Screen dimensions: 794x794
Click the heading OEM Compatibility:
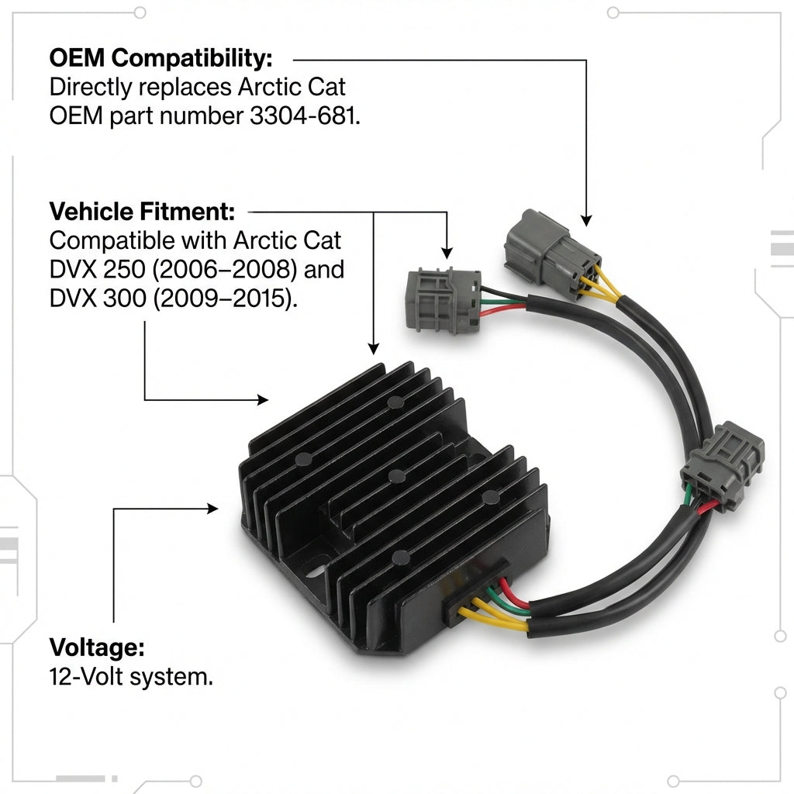click(x=161, y=58)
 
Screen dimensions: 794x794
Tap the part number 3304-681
click(x=305, y=116)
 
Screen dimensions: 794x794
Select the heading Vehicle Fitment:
click(x=142, y=212)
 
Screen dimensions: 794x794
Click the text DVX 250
click(x=98, y=269)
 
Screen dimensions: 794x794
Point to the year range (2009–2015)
click(x=225, y=299)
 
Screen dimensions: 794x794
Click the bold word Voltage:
click(x=97, y=647)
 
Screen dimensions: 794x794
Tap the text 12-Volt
click(x=86, y=676)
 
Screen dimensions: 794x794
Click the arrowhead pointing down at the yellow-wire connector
click(x=586, y=220)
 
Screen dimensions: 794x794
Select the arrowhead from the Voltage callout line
click(x=212, y=509)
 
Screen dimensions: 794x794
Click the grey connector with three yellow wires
click(x=551, y=254)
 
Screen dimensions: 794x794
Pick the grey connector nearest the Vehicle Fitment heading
click(x=443, y=301)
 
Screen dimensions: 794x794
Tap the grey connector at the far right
click(x=722, y=465)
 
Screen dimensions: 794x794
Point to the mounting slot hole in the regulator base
click(x=317, y=571)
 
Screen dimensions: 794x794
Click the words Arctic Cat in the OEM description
click(x=292, y=87)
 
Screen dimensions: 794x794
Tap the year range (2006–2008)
click(x=225, y=269)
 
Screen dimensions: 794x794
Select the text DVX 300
click(x=98, y=299)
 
